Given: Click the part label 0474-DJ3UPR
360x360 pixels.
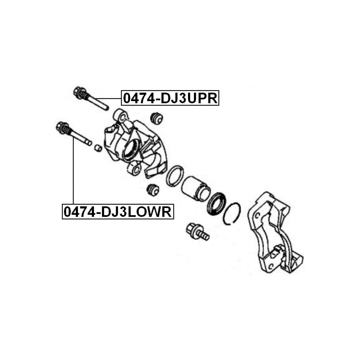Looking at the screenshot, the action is point(170,98).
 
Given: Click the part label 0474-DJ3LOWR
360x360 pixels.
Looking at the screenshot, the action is point(118,211).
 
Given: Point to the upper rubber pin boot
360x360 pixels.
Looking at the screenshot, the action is point(156,118).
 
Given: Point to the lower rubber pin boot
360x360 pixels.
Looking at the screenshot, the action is point(153,190).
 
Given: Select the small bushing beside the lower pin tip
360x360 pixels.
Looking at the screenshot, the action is point(98,148).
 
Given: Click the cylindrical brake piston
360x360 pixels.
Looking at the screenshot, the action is point(196,188).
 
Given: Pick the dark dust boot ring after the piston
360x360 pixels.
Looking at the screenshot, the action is point(216,204).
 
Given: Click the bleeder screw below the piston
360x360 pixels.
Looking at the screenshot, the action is point(197,232).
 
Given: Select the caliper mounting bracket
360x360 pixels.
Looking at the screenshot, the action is point(275,233).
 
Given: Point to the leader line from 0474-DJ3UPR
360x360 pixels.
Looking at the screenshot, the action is point(108,98).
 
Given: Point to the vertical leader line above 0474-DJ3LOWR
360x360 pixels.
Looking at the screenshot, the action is point(73,171).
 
